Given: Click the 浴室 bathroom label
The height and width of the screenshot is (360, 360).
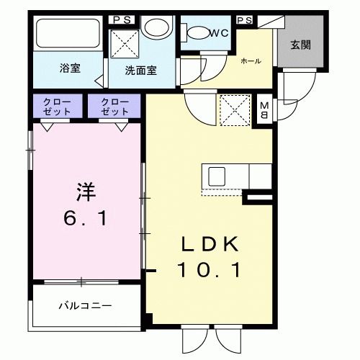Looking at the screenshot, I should tap(69, 69).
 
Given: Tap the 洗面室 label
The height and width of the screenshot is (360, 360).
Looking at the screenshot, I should tap(141, 71).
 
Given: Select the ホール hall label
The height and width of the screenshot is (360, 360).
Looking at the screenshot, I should tap(250, 62).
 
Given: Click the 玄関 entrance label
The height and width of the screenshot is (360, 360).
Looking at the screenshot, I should tap(300, 45).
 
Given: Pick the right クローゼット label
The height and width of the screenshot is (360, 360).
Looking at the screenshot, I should tap(115, 107).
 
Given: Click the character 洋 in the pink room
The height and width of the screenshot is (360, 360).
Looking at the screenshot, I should tap(86, 192).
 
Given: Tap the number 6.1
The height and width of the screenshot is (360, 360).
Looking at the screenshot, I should tap(86, 218).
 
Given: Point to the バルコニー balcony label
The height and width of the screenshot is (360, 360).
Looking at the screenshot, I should tap(85, 306).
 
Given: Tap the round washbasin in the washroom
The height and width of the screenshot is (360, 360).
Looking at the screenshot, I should tap(153, 28).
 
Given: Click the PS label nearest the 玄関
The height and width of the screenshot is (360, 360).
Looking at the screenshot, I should tap(243, 20).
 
